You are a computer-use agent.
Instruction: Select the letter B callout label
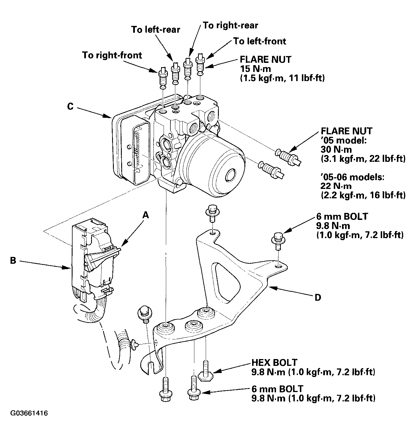coord(13,260)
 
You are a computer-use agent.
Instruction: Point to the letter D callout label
coord(318,298)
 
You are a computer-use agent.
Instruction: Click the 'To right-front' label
coord(112,55)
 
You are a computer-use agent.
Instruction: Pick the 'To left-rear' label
coord(156,30)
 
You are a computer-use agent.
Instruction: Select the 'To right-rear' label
coord(230,25)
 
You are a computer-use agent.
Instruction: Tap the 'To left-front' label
coord(260,41)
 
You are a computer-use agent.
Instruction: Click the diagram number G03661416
coord(29,413)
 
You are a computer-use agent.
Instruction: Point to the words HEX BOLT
coord(274,362)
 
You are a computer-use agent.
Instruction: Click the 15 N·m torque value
coord(256,69)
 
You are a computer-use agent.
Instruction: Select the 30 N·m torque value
coord(336,149)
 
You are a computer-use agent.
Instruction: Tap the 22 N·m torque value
coord(336,186)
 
